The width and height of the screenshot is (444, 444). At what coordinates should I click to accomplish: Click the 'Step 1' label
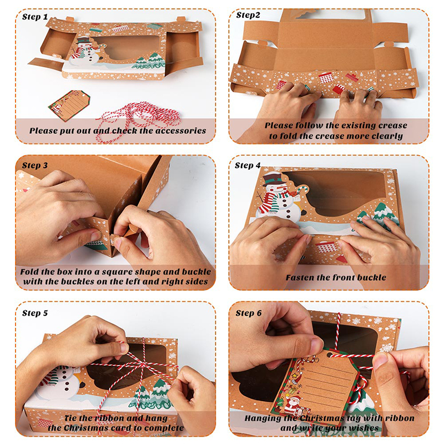(35, 17)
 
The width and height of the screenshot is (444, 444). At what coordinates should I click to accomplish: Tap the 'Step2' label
(248, 15)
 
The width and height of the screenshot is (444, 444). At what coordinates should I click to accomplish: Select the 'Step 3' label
(35, 165)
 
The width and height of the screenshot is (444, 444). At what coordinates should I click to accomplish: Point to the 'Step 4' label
(248, 165)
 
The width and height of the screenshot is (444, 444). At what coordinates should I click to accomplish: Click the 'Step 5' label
(35, 313)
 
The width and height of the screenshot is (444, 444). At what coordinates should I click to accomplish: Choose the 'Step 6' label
(249, 313)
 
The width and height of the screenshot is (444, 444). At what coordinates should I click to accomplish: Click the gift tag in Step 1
(69, 105)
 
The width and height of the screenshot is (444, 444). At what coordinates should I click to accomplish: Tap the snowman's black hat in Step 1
(83, 40)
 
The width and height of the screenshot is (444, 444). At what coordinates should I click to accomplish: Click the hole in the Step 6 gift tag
(329, 355)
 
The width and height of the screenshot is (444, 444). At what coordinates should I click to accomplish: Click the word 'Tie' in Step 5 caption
(70, 418)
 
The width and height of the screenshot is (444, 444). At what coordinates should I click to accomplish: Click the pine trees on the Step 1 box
(148, 61)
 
